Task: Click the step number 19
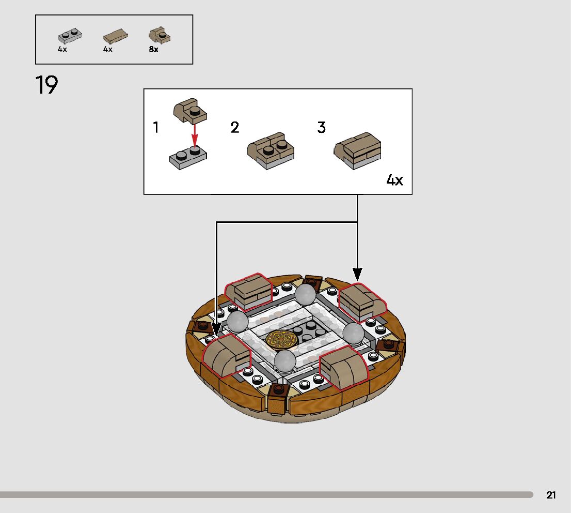tap(46, 85)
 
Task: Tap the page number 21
tap(551, 495)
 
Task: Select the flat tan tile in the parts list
tap(115, 37)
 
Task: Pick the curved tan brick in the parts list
tap(160, 36)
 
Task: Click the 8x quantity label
tap(153, 50)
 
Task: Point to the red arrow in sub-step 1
tap(195, 135)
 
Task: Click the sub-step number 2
tap(235, 128)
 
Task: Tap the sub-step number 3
tap(321, 128)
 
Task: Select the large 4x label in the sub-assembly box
tap(394, 180)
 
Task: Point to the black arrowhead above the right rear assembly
tap(357, 275)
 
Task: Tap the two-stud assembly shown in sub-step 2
tap(271, 151)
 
